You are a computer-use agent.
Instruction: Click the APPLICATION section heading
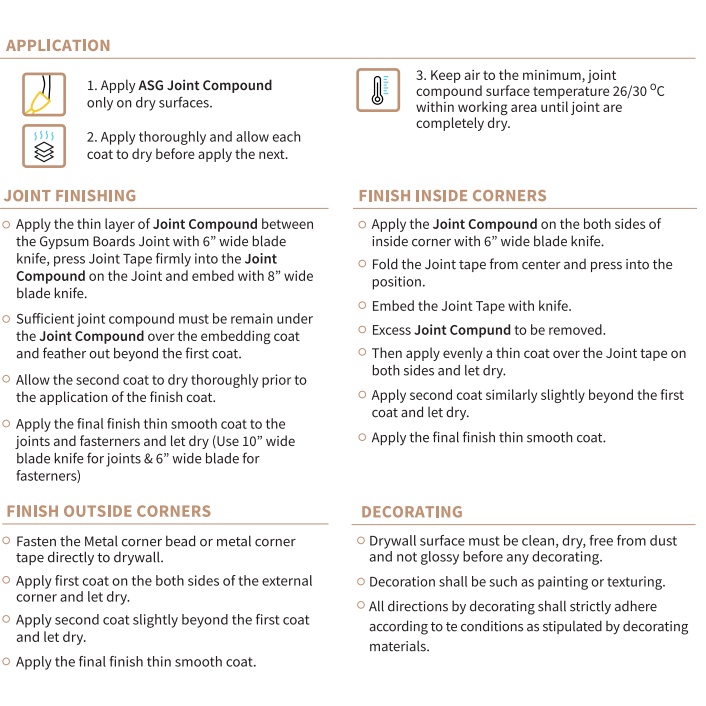pyautogui.click(x=58, y=45)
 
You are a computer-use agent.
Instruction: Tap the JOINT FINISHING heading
pyautogui.click(x=70, y=195)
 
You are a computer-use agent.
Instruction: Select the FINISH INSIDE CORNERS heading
pyautogui.click(x=452, y=195)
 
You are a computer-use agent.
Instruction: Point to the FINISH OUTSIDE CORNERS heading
pyautogui.click(x=109, y=511)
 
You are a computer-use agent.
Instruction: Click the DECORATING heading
pyautogui.click(x=412, y=511)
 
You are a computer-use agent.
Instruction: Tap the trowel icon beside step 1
pyautogui.click(x=43, y=94)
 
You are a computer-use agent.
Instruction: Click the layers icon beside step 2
pyautogui.click(x=43, y=146)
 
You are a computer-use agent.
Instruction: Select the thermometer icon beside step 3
pyautogui.click(x=378, y=90)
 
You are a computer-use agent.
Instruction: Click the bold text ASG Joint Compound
pyautogui.click(x=205, y=86)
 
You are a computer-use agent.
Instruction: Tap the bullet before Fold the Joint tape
pyautogui.click(x=362, y=264)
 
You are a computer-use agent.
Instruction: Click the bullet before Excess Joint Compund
pyautogui.click(x=362, y=330)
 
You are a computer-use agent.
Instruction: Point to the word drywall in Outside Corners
pyautogui.click(x=135, y=557)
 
